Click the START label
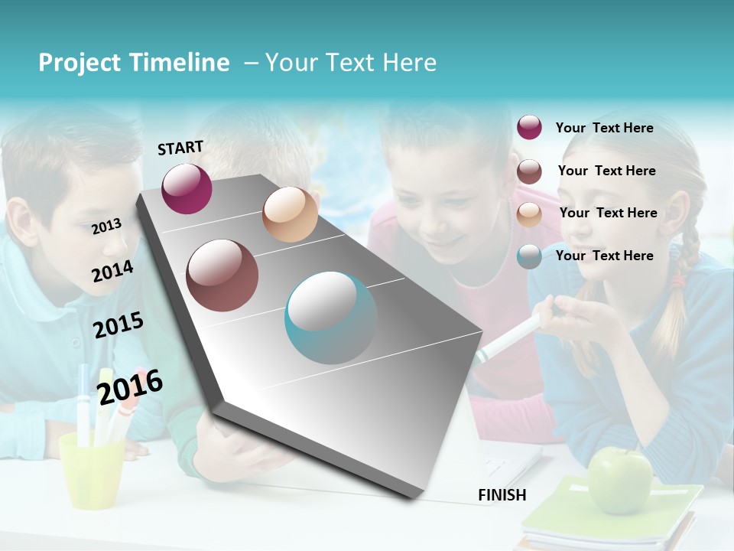click(180, 148)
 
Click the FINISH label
click(502, 495)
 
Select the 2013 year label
click(106, 227)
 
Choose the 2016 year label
click(130, 386)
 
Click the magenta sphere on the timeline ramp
click(187, 188)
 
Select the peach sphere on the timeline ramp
click(290, 214)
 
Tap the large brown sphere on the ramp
click(222, 275)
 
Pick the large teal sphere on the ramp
click(331, 318)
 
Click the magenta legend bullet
click(529, 128)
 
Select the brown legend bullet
click(529, 171)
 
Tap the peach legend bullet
click(529, 214)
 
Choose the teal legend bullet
click(529, 256)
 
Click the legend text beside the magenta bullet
click(604, 128)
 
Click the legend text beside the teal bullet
click(604, 256)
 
